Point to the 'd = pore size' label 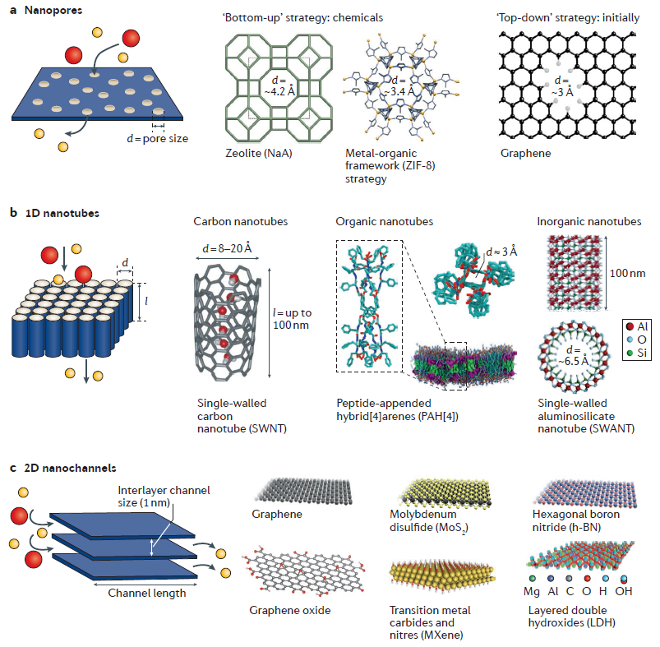157,138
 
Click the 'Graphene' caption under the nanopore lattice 524,153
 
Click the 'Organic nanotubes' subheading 380,222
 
